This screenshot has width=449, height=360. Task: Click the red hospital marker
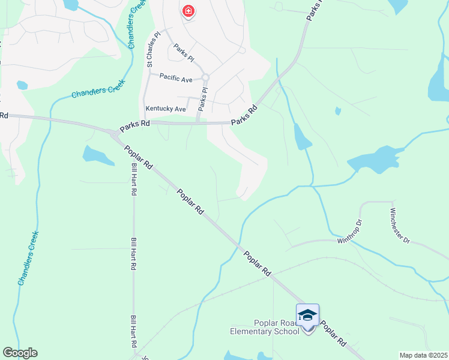pos(188,11)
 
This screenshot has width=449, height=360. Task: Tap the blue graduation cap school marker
pos(307,316)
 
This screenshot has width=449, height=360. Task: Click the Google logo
pos(20,353)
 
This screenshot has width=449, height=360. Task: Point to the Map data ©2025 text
pos(423,355)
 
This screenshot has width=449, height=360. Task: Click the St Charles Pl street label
pos(150,49)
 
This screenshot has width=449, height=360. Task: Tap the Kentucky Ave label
pos(166,109)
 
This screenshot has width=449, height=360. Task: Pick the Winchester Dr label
pos(400,226)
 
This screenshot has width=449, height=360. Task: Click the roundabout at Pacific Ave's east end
pos(205,77)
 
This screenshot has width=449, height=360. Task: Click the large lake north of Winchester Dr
pos(373,160)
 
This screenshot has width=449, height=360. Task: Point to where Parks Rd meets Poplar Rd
pos(113,133)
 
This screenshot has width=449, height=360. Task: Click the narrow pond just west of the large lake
pos(301,137)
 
